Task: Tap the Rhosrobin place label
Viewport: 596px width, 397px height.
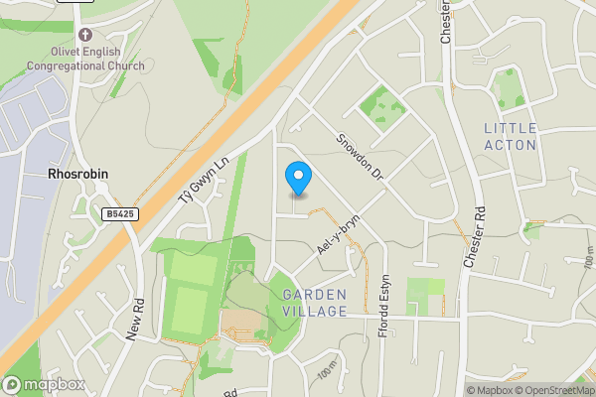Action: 77,174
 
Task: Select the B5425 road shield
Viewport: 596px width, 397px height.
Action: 119,213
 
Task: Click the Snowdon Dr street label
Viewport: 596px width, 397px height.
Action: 360,157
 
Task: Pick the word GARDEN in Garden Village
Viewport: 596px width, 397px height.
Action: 314,295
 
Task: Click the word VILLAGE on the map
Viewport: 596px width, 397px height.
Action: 314,312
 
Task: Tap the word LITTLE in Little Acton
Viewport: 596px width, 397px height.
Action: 511,129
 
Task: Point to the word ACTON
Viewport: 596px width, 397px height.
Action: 511,145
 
